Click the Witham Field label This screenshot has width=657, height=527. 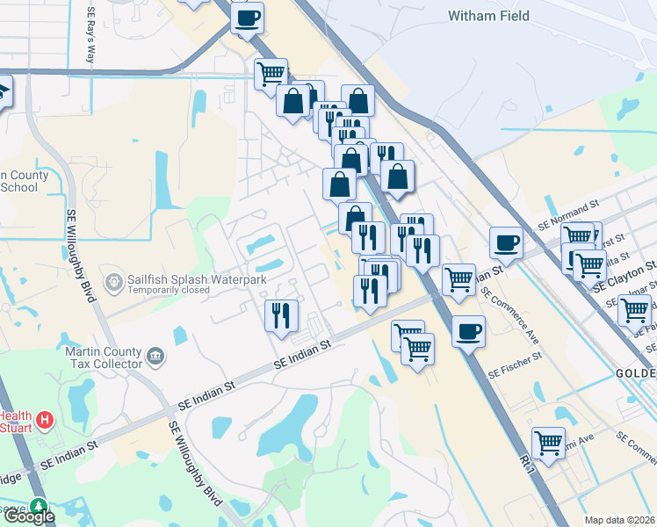click(x=486, y=16)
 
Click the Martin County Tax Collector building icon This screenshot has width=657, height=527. click(x=155, y=356)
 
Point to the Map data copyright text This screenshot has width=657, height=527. click(x=620, y=520)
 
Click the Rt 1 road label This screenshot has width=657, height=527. click(x=528, y=466)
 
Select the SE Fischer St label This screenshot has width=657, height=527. click(x=516, y=362)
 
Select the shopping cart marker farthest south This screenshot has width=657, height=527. click(x=549, y=442)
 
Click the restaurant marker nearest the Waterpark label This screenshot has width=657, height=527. click(x=281, y=314)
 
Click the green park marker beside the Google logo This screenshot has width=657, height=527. click(x=38, y=506)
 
